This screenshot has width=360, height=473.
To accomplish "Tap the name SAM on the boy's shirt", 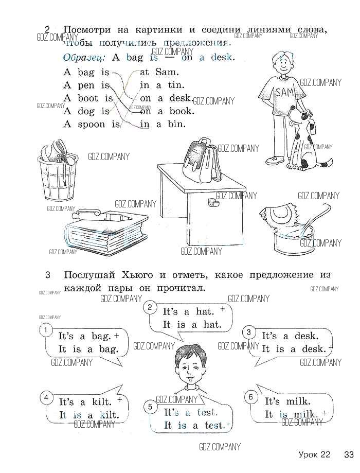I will click(x=283, y=93).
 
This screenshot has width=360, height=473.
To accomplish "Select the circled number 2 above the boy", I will click(x=149, y=308).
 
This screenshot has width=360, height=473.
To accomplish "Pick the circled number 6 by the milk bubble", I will click(x=250, y=397).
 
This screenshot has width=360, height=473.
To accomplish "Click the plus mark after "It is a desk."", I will click(x=331, y=349).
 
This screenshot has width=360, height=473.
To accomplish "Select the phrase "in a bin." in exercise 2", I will click(x=163, y=124).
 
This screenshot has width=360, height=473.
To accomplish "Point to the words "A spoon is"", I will click(x=91, y=124).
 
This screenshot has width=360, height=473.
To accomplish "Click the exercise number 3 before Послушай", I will click(x=47, y=275).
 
